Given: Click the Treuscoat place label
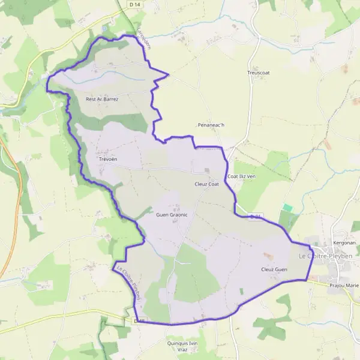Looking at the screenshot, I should [x=259, y=73].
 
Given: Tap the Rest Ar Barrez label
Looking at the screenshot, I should [x=103, y=99].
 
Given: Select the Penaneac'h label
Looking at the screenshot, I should [x=211, y=125].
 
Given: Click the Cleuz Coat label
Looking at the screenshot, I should [x=207, y=184].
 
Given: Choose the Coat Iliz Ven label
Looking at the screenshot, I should [x=242, y=176].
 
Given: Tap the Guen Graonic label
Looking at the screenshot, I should [x=172, y=214].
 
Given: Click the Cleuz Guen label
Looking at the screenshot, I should [x=274, y=269].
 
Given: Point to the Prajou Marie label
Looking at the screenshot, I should [x=344, y=285].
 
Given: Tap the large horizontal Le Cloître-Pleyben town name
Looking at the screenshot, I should [x=326, y=256].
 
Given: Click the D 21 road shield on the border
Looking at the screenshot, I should [x=256, y=216].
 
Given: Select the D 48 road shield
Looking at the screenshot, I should [x=139, y=321].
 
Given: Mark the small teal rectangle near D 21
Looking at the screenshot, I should [x=288, y=208].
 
